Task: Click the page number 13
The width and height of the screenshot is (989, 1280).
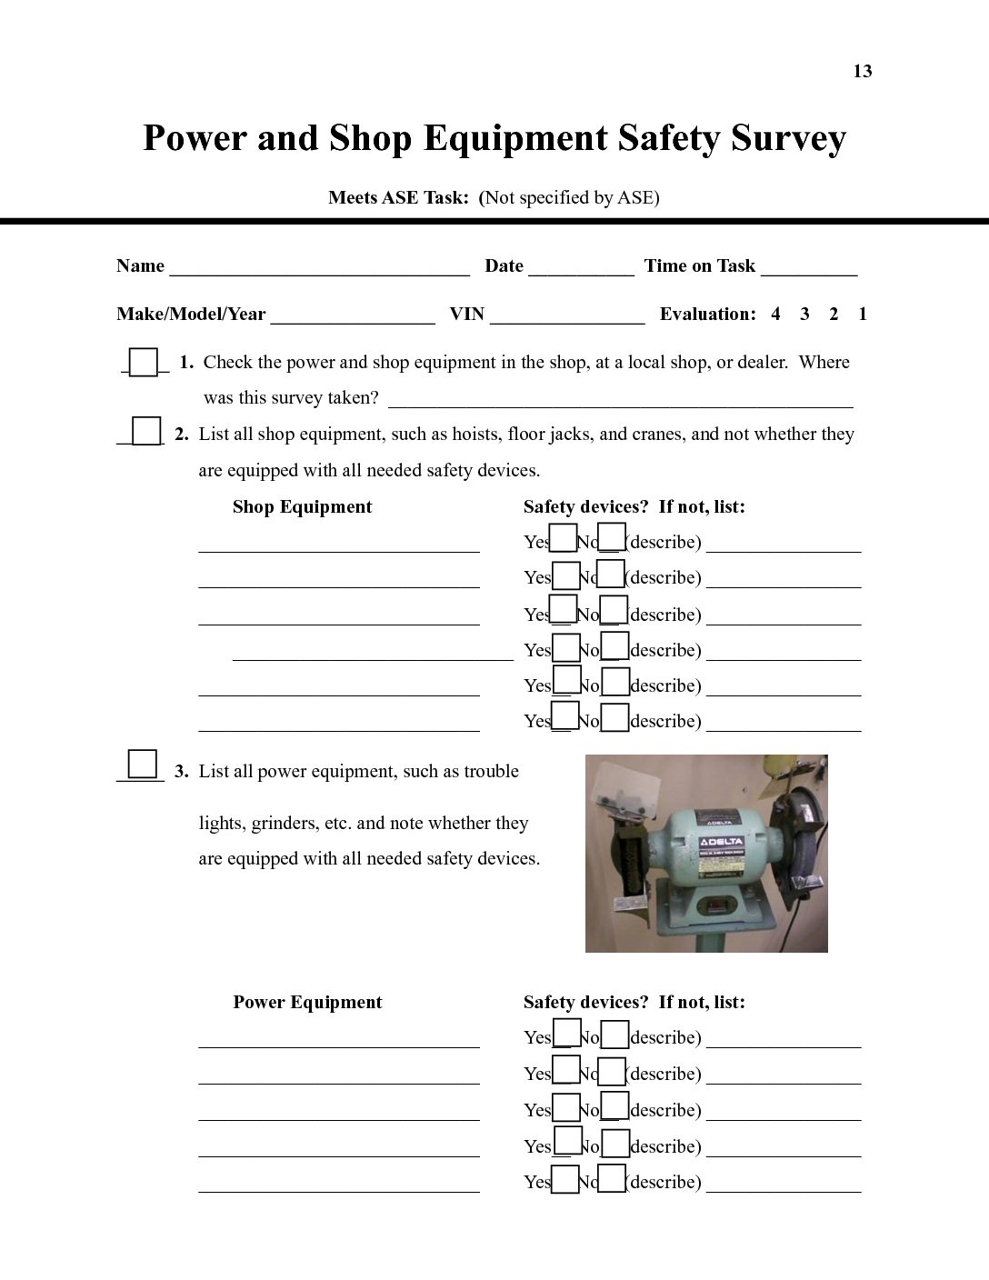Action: [862, 72]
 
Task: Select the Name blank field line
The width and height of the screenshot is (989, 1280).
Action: [319, 269]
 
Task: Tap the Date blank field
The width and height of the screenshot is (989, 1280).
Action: [581, 269]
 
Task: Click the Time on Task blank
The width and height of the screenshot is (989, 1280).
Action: [809, 269]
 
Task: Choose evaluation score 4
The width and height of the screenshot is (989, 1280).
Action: [775, 315]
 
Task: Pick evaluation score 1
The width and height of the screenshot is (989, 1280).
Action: [863, 315]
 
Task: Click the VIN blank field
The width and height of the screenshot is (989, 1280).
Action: [567, 317]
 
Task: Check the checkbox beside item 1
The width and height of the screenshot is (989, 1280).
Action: [144, 362]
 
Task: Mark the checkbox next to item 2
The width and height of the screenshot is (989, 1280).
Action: [146, 431]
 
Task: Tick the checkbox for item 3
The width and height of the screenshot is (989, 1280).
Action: [143, 764]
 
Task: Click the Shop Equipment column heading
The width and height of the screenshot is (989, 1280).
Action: [302, 507]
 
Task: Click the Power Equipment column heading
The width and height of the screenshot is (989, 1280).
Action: [307, 1003]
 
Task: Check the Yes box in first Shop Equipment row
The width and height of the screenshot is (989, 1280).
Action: [564, 538]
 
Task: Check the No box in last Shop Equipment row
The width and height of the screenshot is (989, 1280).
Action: [615, 718]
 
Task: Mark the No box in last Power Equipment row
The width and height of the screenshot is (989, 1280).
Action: [612, 1178]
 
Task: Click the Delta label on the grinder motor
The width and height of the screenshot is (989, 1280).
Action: [721, 841]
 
